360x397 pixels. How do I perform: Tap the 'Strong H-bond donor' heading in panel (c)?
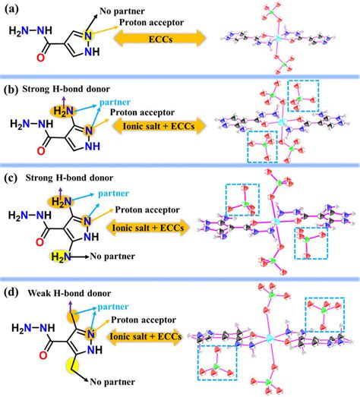tap(66, 178)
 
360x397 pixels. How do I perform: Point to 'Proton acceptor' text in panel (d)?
tap(144, 317)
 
